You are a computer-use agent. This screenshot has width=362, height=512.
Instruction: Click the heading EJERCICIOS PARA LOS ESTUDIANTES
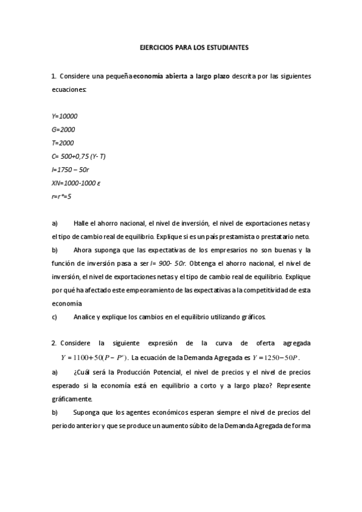tap(181, 46)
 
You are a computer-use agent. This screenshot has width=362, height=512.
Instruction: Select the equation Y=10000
tap(65, 116)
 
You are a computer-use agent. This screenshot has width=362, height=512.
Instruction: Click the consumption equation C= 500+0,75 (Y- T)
tap(79, 156)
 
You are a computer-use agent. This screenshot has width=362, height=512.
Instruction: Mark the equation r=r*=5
tap(62, 196)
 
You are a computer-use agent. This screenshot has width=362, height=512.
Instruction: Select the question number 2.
tap(54, 343)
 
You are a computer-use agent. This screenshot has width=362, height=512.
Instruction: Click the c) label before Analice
tap(54, 316)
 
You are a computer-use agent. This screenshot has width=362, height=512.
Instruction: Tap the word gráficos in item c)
tap(251, 316)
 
